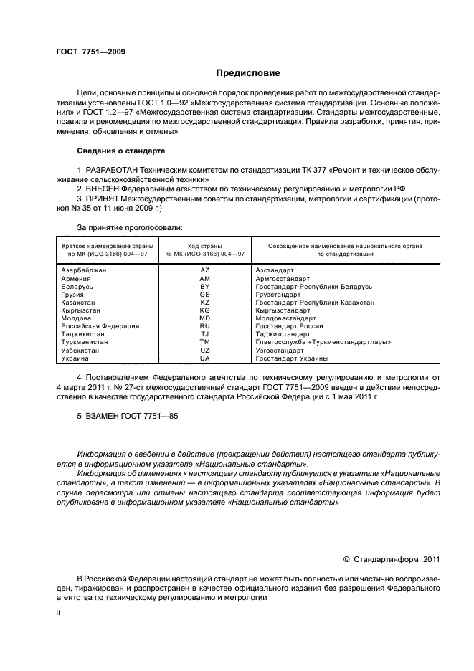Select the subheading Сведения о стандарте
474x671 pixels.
pos(121,151)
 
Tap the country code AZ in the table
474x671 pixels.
pos(204,270)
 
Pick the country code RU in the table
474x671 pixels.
pos(204,325)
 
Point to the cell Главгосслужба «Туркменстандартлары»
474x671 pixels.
pos(323,342)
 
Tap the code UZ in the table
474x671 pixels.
pos(204,350)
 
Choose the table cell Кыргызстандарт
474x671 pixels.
pos(283,310)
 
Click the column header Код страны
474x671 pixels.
pos(204,246)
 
